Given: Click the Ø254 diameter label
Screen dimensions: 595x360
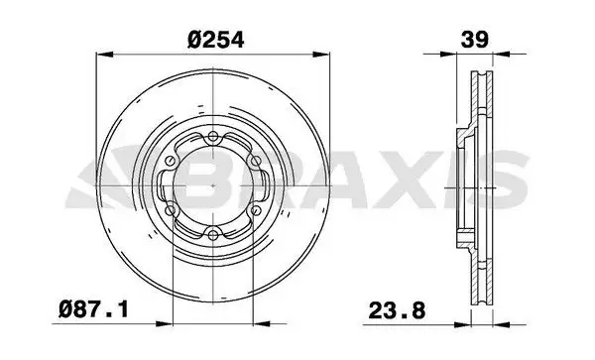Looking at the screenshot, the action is click(215, 40).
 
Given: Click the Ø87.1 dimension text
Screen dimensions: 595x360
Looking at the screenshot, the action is click(94, 309).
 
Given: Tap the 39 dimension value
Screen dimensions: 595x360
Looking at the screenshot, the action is click(474, 40).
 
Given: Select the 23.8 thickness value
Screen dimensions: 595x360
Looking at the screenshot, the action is click(397, 310).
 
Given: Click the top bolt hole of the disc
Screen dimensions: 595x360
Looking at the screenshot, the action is click(213, 137).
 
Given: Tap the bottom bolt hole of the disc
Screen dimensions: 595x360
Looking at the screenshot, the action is click(213, 235).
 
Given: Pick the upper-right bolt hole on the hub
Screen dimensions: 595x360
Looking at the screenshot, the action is click(256, 161).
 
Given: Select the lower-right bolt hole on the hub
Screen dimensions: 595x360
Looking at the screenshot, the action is click(256, 210).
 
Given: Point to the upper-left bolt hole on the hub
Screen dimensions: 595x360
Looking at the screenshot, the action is click(171, 161).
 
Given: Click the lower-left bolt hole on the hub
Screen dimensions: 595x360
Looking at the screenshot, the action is click(171, 210).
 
